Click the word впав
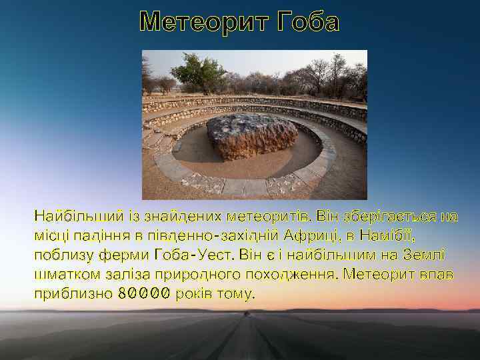coord(433,275)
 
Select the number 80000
coord(144,294)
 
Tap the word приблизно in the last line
coord(72,294)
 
